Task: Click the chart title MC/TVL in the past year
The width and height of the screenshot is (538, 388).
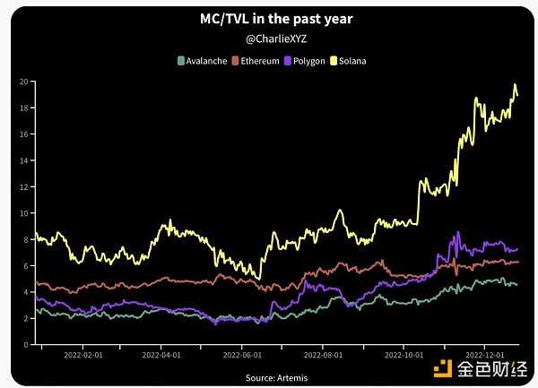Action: [x=269, y=19]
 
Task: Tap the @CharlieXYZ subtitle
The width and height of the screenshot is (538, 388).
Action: [x=269, y=40]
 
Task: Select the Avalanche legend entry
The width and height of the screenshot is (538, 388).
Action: [x=203, y=61]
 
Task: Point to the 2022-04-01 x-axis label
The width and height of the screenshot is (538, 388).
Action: [x=161, y=355]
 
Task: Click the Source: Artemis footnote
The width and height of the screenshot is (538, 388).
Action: [x=270, y=378]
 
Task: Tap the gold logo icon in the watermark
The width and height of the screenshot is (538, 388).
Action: [x=443, y=368]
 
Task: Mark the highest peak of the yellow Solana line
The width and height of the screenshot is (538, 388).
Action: [x=515, y=85]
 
